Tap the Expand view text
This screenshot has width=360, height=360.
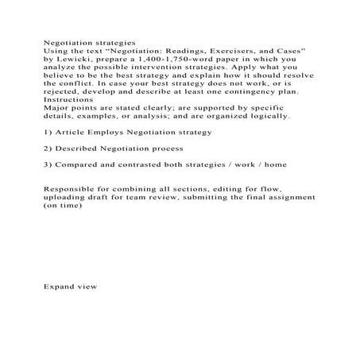click(70, 285)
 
